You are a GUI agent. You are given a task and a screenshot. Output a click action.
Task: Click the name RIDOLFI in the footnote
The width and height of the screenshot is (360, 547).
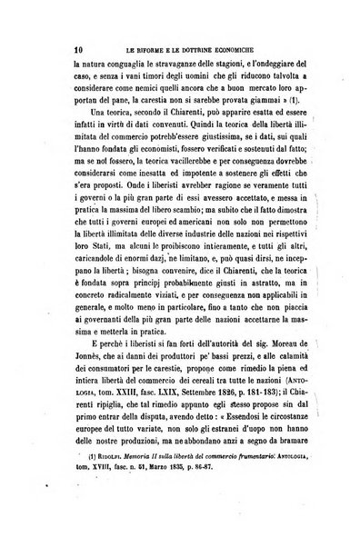[63, 522]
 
